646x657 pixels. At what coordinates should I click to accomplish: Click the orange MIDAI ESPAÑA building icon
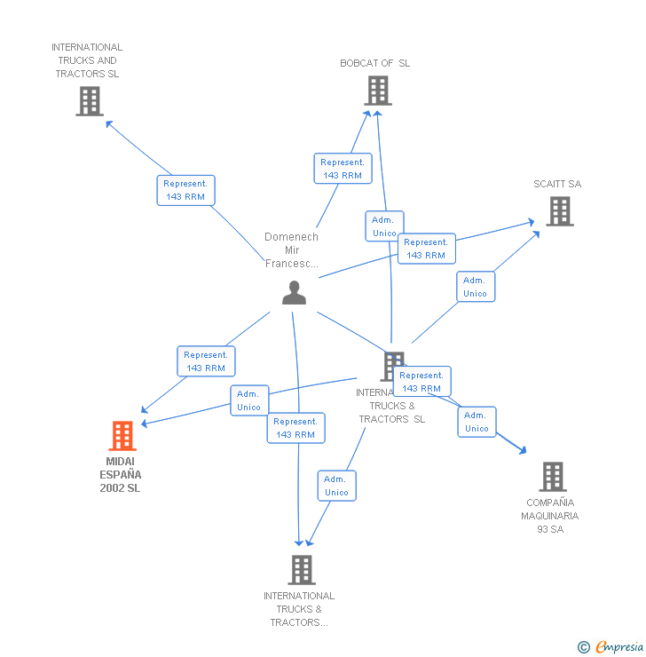(x=122, y=435)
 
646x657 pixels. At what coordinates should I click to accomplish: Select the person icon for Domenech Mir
(x=294, y=292)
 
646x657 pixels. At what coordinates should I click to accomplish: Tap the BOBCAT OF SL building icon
(x=377, y=90)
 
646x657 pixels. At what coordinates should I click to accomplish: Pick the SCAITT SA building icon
(x=559, y=210)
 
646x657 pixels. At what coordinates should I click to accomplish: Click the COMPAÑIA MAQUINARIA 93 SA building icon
(x=552, y=477)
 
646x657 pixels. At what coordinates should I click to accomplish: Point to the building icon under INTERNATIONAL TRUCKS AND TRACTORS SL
(x=89, y=101)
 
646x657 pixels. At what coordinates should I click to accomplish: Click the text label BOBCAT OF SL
(x=374, y=63)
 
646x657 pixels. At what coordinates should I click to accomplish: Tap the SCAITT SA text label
(x=557, y=184)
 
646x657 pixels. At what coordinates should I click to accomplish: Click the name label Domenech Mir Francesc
(x=291, y=250)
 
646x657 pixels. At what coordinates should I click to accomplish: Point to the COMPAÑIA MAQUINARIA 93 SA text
(x=550, y=516)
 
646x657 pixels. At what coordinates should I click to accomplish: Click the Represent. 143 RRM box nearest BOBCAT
(x=343, y=169)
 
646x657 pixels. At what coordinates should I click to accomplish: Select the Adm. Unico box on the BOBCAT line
(x=384, y=226)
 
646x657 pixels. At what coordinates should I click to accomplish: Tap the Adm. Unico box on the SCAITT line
(x=475, y=287)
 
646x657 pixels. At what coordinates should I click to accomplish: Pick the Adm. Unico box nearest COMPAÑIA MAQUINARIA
(x=477, y=422)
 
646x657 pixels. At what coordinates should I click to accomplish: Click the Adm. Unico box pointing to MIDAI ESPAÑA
(x=248, y=400)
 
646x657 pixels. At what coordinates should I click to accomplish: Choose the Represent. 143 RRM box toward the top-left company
(x=185, y=190)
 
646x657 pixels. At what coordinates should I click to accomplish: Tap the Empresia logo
(x=618, y=646)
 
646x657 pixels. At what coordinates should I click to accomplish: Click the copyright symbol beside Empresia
(x=583, y=647)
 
